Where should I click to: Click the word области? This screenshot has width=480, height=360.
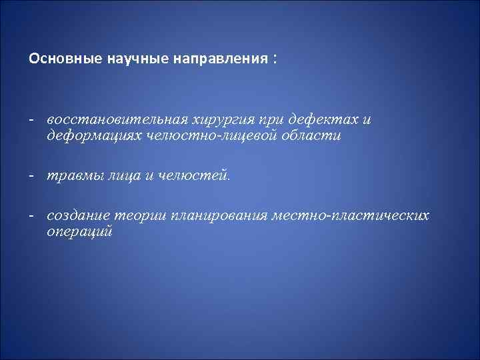pyautogui.click(x=313, y=135)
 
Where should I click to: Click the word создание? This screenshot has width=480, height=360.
pyautogui.click(x=77, y=216)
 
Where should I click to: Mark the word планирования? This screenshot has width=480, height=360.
pyautogui.click(x=219, y=216)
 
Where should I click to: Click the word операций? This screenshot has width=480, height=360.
pyautogui.click(x=79, y=232)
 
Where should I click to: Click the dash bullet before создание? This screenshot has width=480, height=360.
pyautogui.click(x=32, y=216)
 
